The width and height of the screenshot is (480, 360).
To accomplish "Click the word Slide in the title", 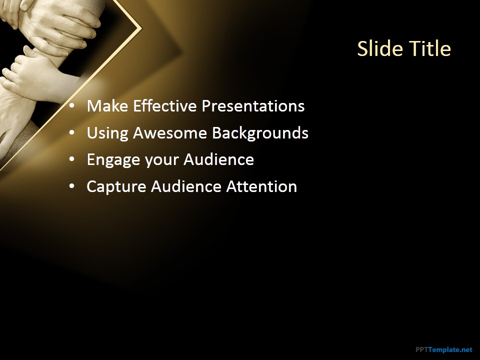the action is click(380, 48).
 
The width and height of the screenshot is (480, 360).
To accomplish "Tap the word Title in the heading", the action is click(430, 48).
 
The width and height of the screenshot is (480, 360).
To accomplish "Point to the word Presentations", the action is click(253, 106).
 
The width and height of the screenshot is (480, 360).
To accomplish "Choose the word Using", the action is click(107, 133).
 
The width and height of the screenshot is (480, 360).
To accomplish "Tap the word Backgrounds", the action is click(260, 133).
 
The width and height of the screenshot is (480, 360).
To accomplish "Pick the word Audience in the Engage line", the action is click(218, 159).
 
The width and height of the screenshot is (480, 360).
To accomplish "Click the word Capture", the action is click(116, 187).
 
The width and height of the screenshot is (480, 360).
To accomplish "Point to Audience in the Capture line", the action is click(186, 186).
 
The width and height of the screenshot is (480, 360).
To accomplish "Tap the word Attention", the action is click(261, 186).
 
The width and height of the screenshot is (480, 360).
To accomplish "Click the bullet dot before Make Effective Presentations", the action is click(72, 106).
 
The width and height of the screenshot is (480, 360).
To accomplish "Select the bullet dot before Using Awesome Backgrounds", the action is click(72, 133).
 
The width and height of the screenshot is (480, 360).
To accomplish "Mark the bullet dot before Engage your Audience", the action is click(72, 159).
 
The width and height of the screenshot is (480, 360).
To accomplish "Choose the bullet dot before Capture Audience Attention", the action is click(72, 186).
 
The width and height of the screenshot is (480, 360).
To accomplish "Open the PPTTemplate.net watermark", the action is click(444, 349).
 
